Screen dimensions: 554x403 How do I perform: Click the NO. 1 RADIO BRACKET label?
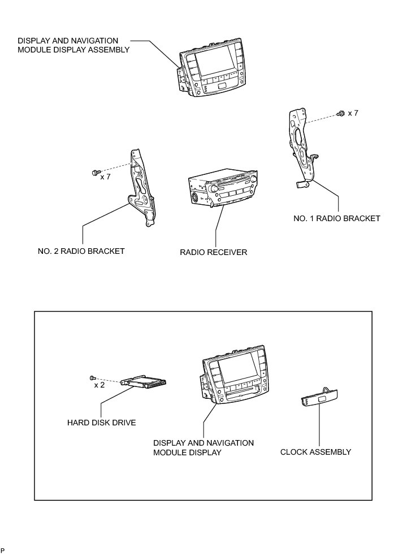click(x=337, y=218)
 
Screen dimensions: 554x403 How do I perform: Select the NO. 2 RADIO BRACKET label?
click(x=77, y=251)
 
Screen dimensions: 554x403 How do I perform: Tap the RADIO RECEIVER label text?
click(x=214, y=252)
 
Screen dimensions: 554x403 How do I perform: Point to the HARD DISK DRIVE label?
click(x=101, y=422)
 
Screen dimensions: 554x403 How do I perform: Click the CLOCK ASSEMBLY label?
click(x=315, y=452)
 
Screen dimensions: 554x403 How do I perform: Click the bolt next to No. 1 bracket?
click(x=341, y=114)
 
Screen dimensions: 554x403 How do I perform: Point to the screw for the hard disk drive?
click(x=92, y=377)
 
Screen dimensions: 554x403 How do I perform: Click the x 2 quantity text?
click(x=99, y=385)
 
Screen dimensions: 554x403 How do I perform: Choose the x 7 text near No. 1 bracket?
click(x=353, y=113)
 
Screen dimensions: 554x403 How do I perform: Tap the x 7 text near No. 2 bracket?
click(x=105, y=177)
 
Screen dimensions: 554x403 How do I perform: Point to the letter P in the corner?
click(x=3, y=549)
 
